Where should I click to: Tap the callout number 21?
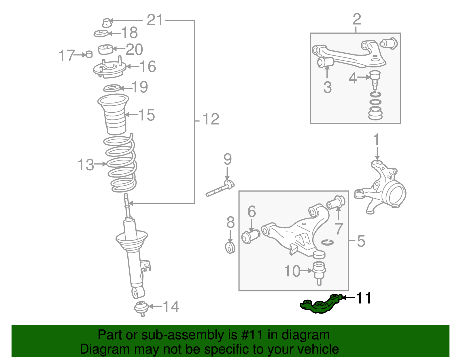155,20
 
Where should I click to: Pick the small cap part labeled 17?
89,54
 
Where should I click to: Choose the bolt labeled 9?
220,189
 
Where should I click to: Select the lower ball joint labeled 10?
319,271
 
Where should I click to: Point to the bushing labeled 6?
250,236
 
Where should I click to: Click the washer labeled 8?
230,248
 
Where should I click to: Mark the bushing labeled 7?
336,202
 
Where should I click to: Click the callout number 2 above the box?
357,19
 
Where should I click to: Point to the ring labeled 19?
112,88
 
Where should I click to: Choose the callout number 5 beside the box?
361,241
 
